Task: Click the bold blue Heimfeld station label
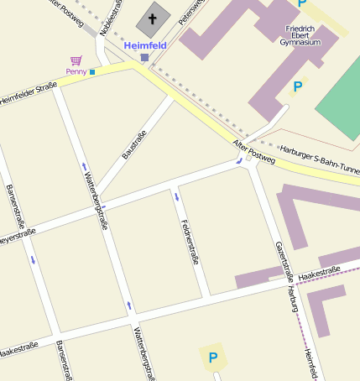[x=144, y=45]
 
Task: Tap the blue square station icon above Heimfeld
[x=144, y=57]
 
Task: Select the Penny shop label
[x=76, y=72]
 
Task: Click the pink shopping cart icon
[x=76, y=60]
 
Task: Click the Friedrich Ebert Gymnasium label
[x=302, y=34]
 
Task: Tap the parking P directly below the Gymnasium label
[x=297, y=86]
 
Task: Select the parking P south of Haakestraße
[x=213, y=358]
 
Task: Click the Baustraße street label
[x=134, y=144]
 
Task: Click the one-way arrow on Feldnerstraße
[x=177, y=197]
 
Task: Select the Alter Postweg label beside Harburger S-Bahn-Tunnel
[x=253, y=151]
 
